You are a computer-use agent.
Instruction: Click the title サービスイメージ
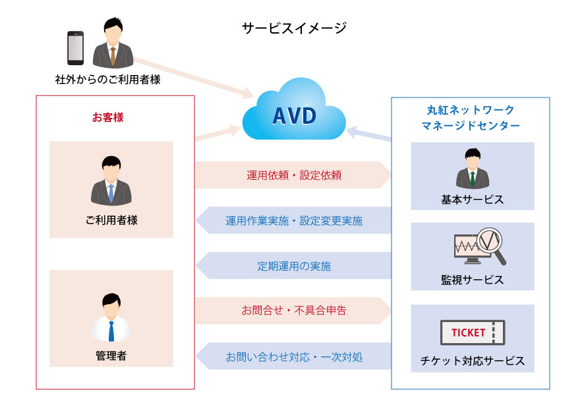293,28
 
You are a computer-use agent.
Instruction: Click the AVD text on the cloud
294,116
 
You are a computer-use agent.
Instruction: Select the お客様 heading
107,118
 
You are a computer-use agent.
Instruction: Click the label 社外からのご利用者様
107,80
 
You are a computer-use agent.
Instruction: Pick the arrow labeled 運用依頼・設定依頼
293,175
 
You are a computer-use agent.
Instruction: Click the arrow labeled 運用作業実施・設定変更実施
293,221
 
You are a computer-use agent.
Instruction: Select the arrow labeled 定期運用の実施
293,266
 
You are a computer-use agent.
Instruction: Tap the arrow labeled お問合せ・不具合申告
293,310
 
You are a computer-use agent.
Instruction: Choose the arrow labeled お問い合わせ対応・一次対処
293,356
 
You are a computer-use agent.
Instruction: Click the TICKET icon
472,333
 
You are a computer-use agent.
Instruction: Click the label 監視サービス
472,280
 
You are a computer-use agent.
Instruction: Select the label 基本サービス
472,199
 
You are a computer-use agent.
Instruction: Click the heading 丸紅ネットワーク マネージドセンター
469,117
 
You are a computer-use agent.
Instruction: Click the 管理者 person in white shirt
111,318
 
